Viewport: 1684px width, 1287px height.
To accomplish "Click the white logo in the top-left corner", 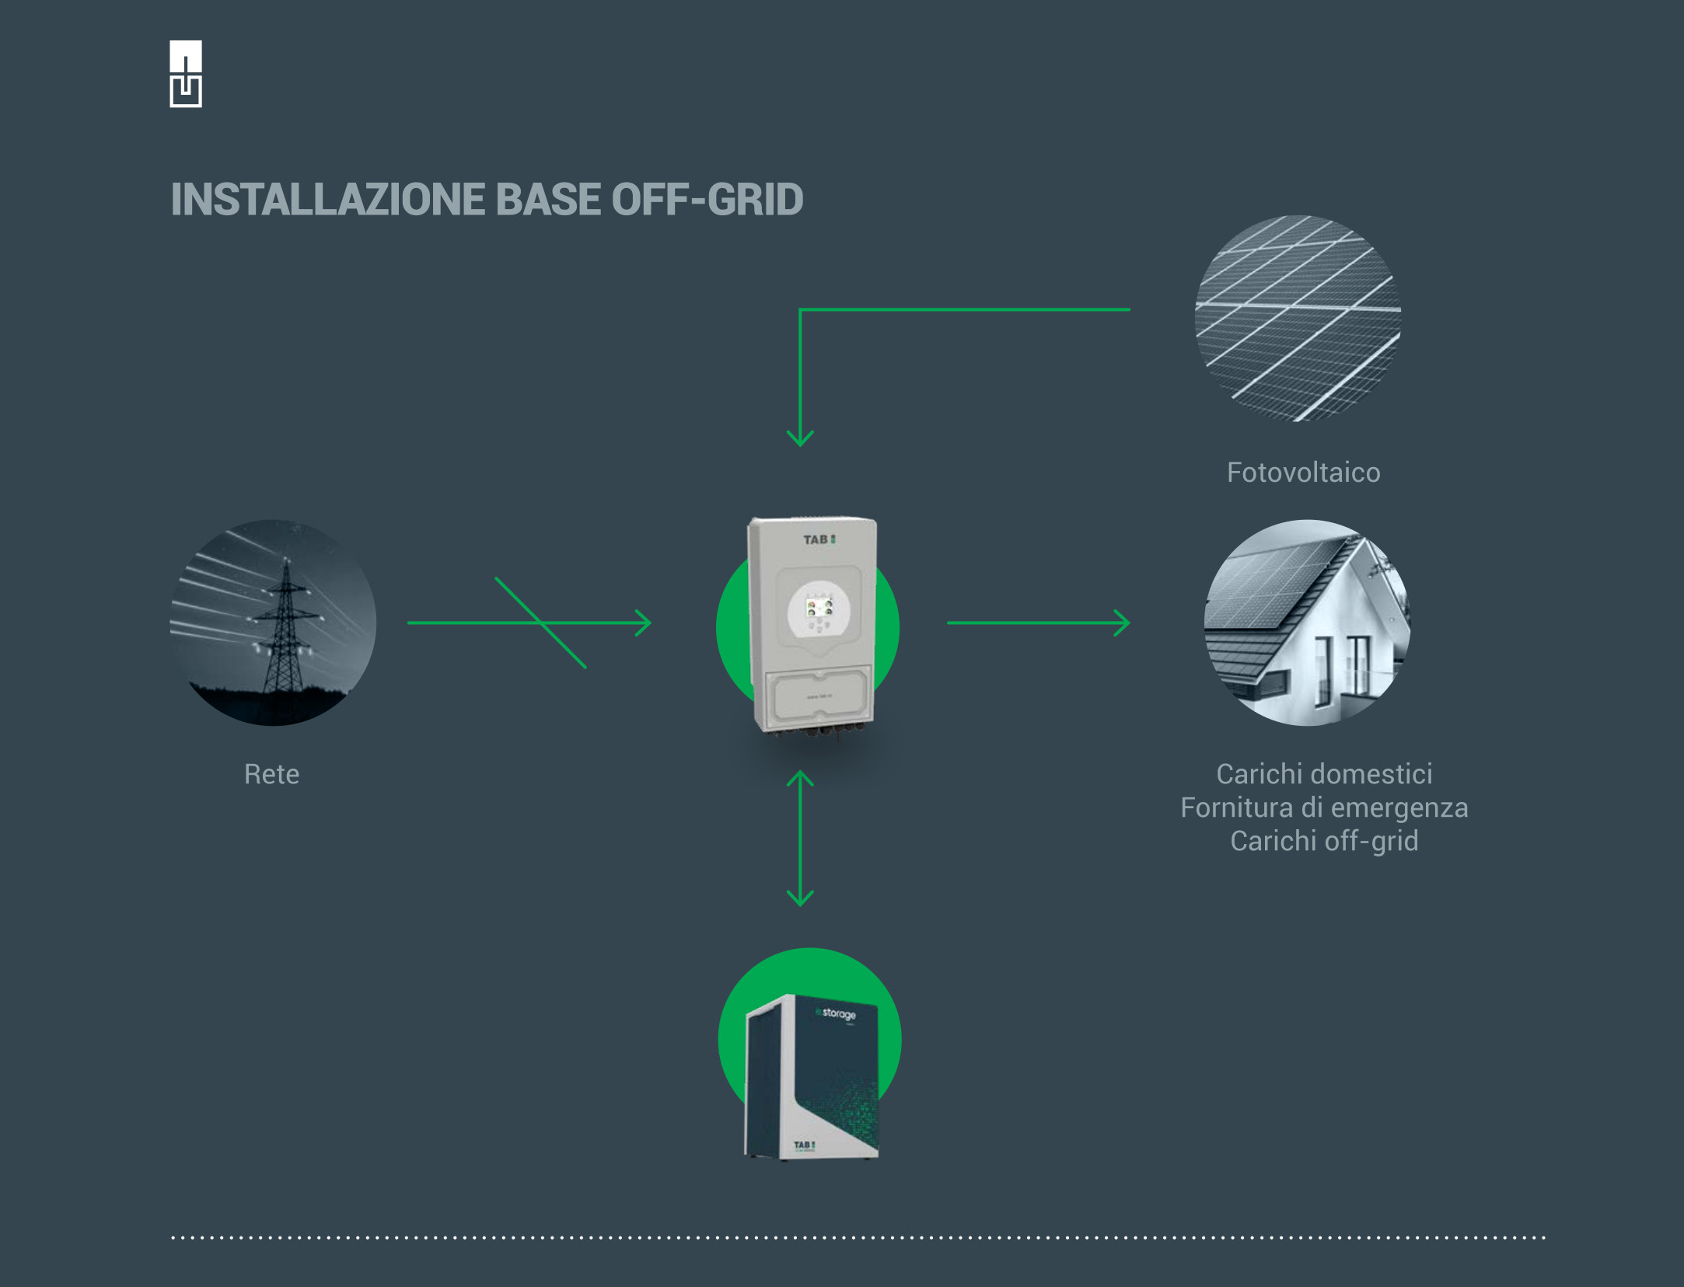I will point(186,74).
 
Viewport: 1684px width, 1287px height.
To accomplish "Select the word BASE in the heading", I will point(548,200).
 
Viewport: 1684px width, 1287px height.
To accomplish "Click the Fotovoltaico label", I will point(1303,473).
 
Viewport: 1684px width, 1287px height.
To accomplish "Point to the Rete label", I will point(271,774).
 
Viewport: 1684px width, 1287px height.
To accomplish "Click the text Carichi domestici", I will point(1324,774).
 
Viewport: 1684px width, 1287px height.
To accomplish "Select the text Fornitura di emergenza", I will point(1324,807).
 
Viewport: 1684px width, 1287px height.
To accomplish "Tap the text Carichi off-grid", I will point(1324,841).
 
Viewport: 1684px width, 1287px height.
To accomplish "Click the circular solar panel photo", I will point(1298,319).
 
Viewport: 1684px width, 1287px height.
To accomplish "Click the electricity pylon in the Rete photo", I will point(285,630).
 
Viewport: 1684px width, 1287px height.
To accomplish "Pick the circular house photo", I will point(1307,623).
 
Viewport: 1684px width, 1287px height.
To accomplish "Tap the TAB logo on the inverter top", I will point(819,539).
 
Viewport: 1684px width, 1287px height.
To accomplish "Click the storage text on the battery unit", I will point(837,1013).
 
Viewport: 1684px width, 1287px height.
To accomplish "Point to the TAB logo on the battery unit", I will point(804,1145).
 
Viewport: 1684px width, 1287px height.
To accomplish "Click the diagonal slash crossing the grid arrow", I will point(540,623).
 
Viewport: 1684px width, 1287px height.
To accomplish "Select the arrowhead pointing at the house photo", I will point(1122,623).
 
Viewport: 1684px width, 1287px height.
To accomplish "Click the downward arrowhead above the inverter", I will point(800,438).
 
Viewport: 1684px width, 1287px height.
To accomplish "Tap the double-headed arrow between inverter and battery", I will point(800,839).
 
